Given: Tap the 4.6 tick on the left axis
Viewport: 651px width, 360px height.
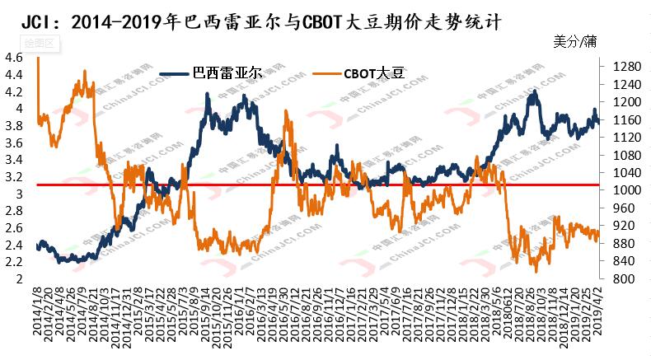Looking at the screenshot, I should tap(13, 58).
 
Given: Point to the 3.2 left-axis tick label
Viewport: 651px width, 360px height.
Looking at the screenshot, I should tap(13, 176).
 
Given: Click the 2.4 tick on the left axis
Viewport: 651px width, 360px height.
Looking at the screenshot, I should tap(13, 245).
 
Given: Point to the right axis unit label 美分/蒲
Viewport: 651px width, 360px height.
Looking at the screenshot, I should tap(574, 40).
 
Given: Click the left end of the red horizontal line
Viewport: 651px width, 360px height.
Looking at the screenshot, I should tap(37, 185).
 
